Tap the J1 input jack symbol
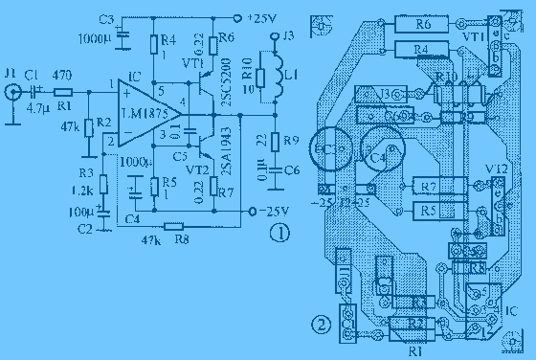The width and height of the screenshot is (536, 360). click(11, 92)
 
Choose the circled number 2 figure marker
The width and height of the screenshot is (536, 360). click(325, 323)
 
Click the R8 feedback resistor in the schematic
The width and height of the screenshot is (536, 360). click(172, 226)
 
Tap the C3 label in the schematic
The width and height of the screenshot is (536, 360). click(106, 19)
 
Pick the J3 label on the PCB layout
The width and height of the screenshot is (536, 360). click(388, 93)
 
